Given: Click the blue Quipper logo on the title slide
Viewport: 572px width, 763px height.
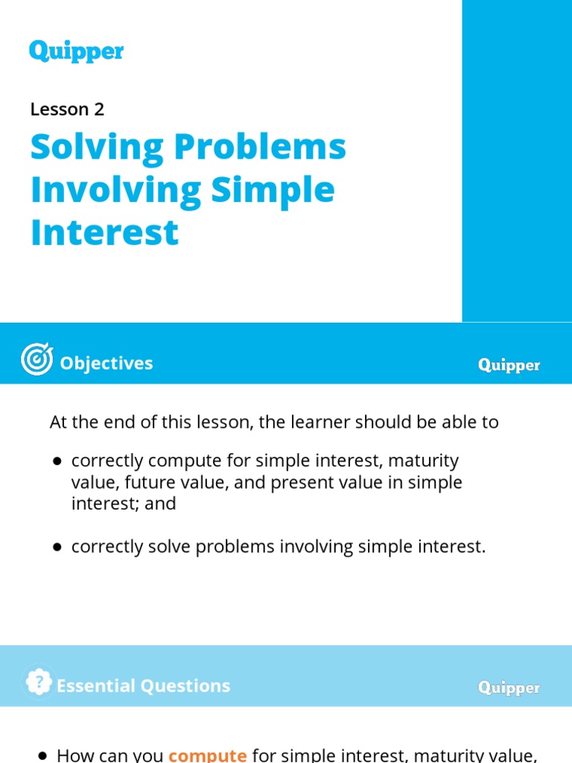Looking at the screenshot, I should pyautogui.click(x=76, y=51).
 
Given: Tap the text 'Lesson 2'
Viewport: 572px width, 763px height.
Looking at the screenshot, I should pyautogui.click(x=67, y=110).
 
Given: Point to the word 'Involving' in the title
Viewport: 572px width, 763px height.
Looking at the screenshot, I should pyautogui.click(x=115, y=191).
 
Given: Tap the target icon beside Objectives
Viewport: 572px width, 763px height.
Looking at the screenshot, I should pyautogui.click(x=36, y=360).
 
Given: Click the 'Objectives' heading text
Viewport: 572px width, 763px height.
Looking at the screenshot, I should pyautogui.click(x=106, y=363).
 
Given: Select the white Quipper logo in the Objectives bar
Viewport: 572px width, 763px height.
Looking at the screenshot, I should pyautogui.click(x=509, y=365).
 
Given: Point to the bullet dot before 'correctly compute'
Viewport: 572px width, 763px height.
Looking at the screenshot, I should pyautogui.click(x=57, y=462).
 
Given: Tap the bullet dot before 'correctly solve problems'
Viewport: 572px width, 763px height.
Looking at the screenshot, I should pyautogui.click(x=57, y=548).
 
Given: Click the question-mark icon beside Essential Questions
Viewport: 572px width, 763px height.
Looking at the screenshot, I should pyautogui.click(x=38, y=682).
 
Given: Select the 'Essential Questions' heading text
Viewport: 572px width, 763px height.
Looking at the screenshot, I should pyautogui.click(x=143, y=686).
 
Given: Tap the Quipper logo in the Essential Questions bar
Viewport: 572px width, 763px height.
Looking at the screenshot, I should pyautogui.click(x=509, y=688).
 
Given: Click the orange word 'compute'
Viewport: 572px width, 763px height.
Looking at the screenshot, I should pyautogui.click(x=207, y=755).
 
